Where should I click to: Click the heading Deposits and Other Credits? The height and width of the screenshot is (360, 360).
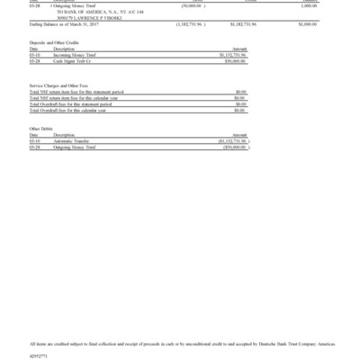(x=52, y=42)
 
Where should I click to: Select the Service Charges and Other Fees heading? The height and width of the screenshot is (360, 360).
(x=59, y=85)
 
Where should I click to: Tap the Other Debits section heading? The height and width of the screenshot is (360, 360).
(x=40, y=129)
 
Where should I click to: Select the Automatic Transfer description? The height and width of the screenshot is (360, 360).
(x=71, y=140)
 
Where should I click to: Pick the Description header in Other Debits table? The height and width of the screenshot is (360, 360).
(x=64, y=135)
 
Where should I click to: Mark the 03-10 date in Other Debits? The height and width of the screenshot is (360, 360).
(x=35, y=140)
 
